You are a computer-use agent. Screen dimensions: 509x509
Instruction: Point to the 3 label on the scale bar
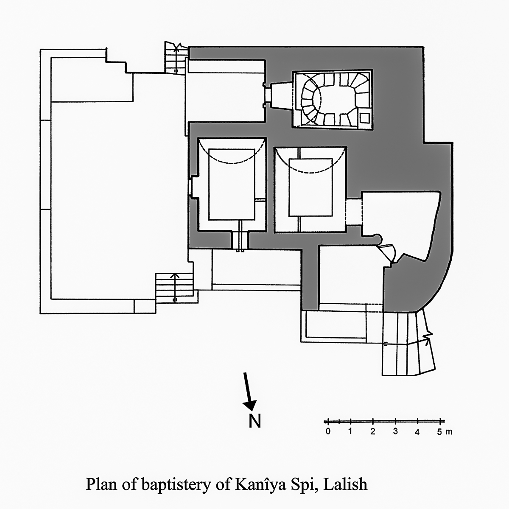tap(395, 432)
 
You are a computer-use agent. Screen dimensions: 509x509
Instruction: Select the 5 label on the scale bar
tap(440, 432)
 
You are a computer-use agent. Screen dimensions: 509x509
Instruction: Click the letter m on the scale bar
tap(449, 432)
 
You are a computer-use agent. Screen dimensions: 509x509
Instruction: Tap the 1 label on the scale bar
tap(350, 432)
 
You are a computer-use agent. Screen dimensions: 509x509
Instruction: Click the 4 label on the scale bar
tap(418, 432)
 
